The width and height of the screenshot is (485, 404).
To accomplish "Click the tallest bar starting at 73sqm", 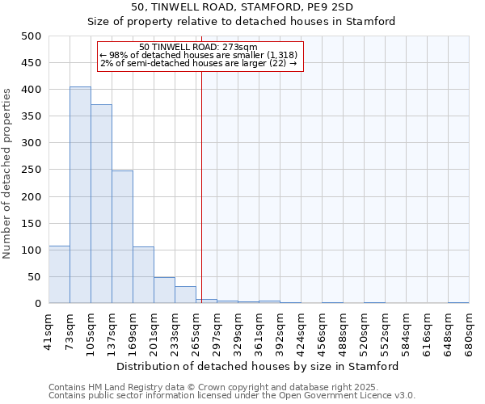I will pos(80,195).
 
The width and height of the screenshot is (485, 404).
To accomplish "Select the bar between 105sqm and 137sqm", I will pos(101,204).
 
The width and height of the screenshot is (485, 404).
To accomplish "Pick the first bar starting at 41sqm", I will pos(59,275).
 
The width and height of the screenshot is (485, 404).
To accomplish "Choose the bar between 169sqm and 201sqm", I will pos(143,275).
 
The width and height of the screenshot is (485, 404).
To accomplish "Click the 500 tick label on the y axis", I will pos(32,36).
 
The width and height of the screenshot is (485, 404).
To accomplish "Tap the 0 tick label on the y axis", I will pos(38,304).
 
